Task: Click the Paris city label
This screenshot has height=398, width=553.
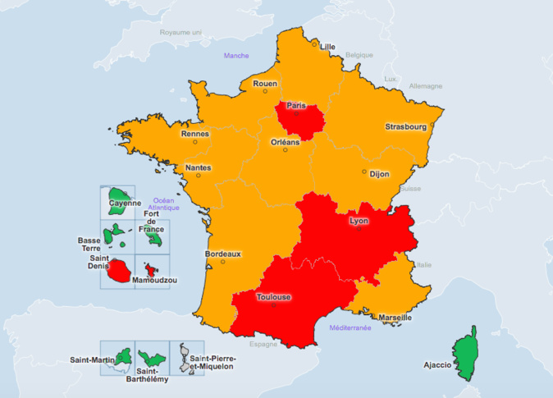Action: pos(296,106)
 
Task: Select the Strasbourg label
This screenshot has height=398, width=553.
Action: pos(406,127)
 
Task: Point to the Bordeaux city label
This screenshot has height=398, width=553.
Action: pos(222,254)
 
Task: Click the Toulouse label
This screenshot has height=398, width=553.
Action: pos(273,298)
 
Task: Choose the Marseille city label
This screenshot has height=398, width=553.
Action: pos(395,318)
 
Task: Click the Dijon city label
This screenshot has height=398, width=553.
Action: pos(379,174)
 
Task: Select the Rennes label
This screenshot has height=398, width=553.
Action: pos(195,134)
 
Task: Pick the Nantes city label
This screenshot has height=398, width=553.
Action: pos(198,167)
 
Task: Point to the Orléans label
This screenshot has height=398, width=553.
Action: pos(286,142)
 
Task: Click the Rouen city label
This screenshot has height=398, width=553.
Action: pos(265,83)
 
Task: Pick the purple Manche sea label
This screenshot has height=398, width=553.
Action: pos(236,56)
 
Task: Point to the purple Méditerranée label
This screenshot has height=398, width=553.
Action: pos(350,327)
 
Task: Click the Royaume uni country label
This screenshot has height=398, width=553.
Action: pos(181,32)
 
